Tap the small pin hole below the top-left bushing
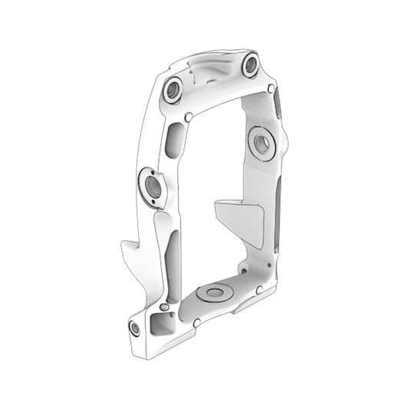[x=189, y=117]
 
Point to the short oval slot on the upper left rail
[x=173, y=143]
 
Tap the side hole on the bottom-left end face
[x=135, y=328]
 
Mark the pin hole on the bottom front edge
[x=197, y=322]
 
